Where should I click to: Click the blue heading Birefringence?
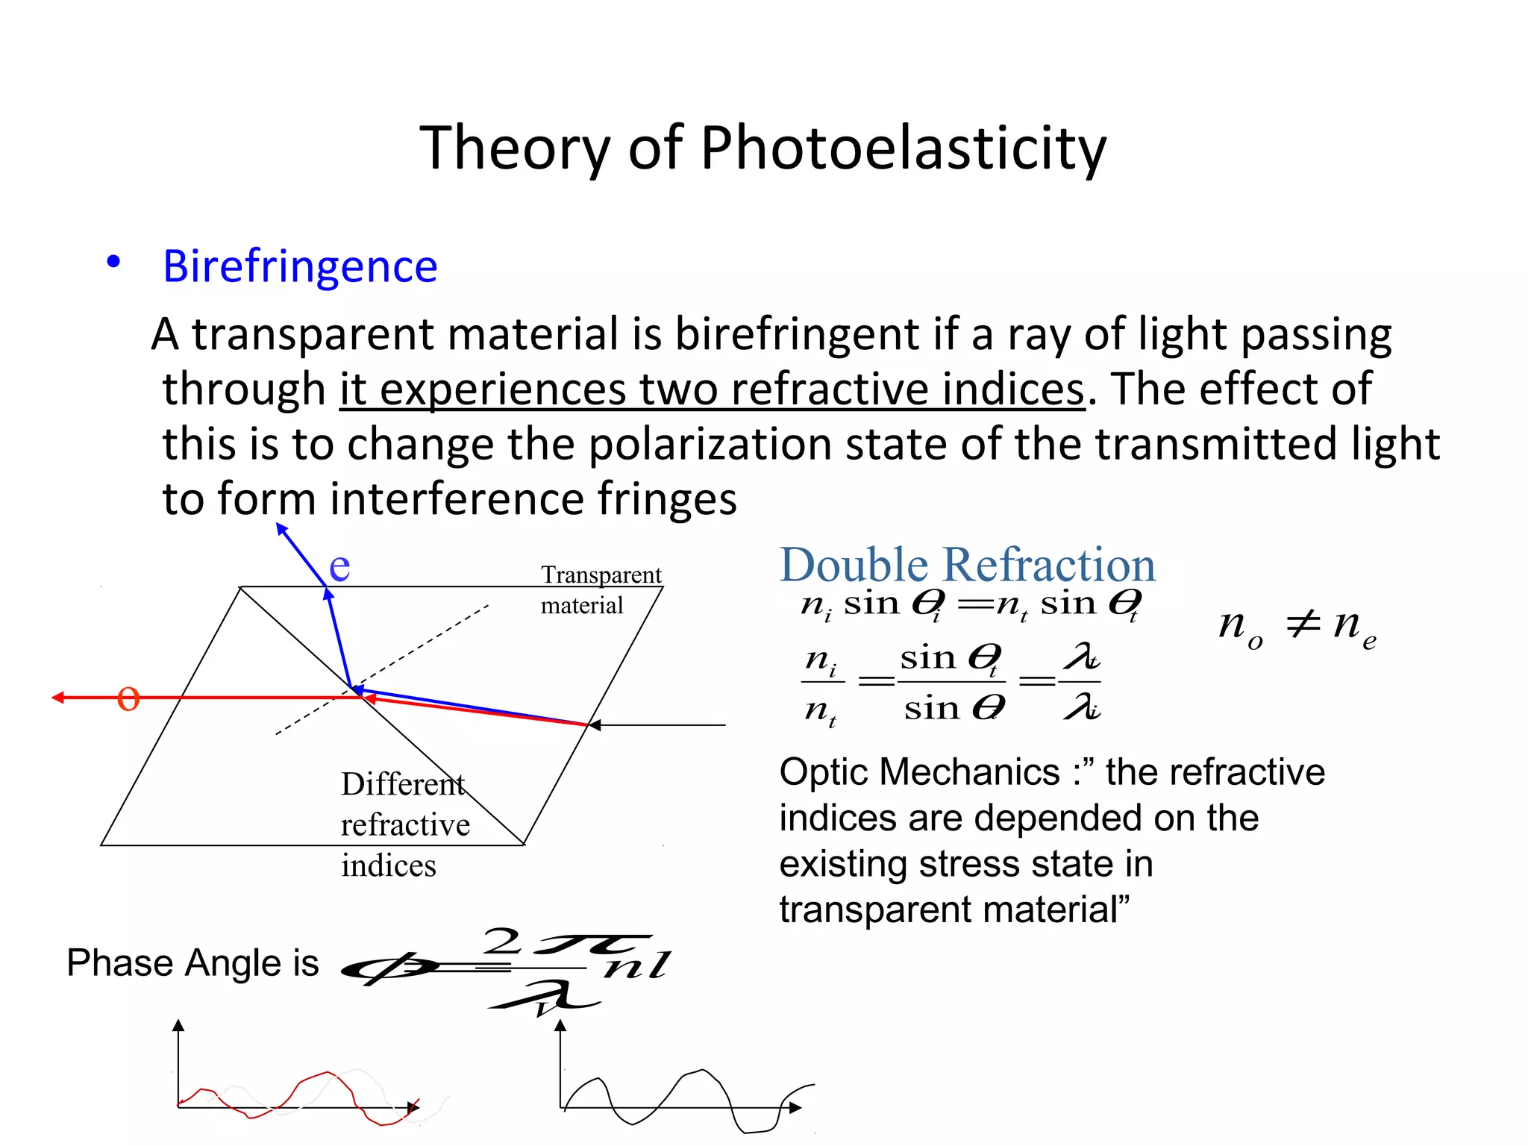coord(300,266)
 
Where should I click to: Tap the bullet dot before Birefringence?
coord(113,262)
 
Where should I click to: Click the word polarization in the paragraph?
coord(710,444)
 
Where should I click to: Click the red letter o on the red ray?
coord(128,699)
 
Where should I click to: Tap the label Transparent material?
coord(600,589)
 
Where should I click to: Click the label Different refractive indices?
coord(404,824)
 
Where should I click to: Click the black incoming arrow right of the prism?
coord(657,724)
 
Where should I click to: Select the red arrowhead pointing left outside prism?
coord(58,698)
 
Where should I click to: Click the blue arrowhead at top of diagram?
coord(282,529)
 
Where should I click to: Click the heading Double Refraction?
coord(967,565)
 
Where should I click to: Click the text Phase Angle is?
coord(192,962)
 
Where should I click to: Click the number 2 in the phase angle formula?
coord(501,942)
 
